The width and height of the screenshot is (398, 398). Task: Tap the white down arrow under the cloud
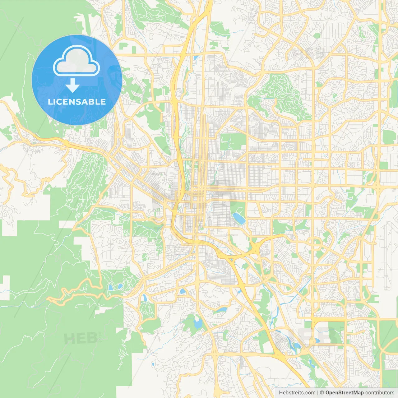coord(72,86)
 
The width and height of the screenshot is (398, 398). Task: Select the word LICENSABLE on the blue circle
coord(76,102)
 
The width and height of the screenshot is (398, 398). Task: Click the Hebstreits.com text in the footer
coord(297,393)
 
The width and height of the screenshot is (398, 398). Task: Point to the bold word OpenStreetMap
coord(344,393)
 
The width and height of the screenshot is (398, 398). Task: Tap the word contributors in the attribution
coord(379,393)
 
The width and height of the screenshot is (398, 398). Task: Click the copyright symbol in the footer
coord(322,393)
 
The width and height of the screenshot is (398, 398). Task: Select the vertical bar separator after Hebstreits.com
coord(318,393)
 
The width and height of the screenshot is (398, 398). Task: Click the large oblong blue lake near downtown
coord(239,218)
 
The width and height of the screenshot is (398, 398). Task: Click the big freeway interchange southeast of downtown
coord(257,249)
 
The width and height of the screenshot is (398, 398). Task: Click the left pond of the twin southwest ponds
coord(110,287)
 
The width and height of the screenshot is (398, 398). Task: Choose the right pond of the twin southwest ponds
coord(120,286)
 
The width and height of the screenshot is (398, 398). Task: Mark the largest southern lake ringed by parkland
coord(198,323)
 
